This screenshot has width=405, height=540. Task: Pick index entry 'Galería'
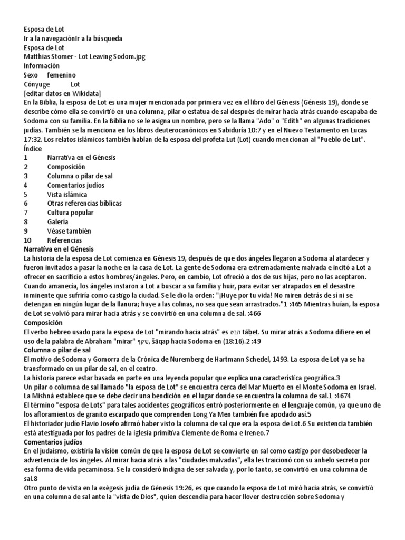pos(57,221)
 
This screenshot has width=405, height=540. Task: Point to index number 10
pos(27,240)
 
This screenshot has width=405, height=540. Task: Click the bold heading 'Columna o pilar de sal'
pos(57,350)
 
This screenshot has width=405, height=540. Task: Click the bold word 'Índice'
pos(33,148)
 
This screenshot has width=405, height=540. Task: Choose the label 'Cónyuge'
pos(37,84)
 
